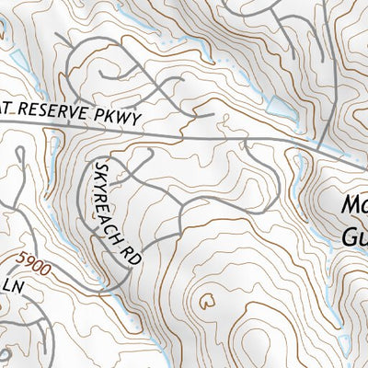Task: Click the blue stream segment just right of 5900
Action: (x=64, y=276)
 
